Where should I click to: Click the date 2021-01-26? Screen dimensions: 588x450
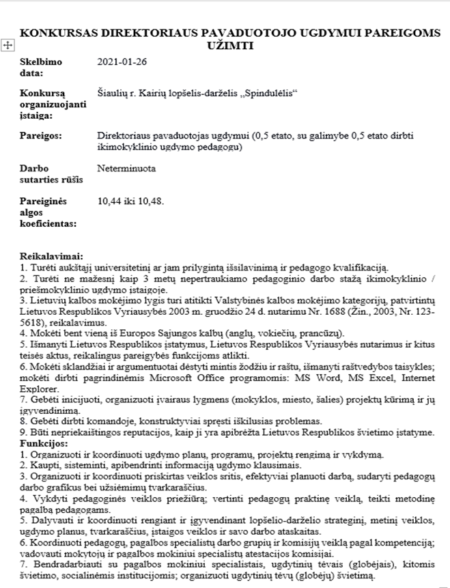coord(123,62)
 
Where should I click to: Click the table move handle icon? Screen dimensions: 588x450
coord(7,45)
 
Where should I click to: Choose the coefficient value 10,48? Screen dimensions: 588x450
coord(151,201)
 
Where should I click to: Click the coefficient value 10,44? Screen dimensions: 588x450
coord(110,201)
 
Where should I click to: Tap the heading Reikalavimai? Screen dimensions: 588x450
coord(51,255)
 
